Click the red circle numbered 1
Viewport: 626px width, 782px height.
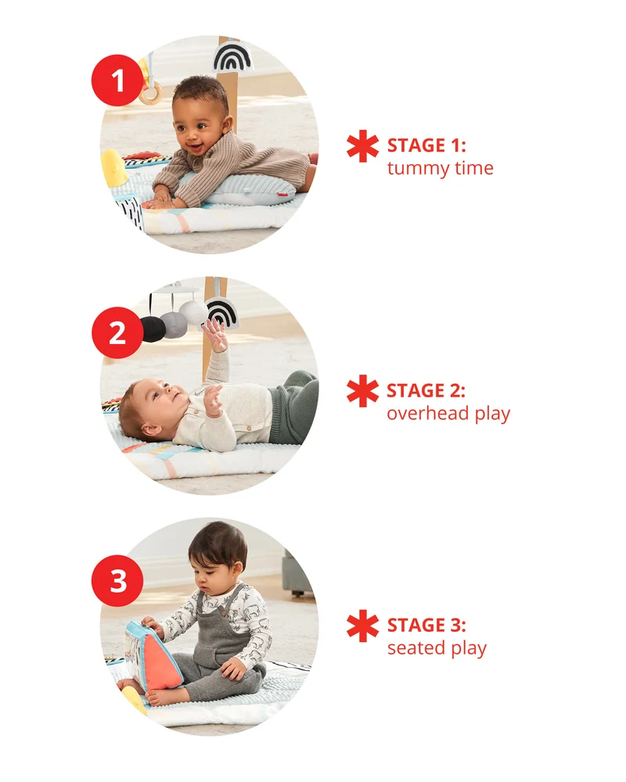(x=117, y=81)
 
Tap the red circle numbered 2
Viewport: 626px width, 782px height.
(x=117, y=332)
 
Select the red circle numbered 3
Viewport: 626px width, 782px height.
(x=117, y=581)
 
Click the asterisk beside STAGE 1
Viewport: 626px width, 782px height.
(x=363, y=146)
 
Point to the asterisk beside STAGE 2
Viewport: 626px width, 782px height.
(x=363, y=391)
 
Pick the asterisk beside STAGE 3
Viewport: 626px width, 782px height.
(x=363, y=626)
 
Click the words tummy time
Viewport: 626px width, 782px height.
(x=441, y=168)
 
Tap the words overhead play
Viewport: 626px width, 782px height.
(x=448, y=414)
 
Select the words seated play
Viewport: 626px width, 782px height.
(x=437, y=647)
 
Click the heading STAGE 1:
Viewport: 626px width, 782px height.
(x=426, y=145)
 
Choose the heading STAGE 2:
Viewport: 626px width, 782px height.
(x=426, y=390)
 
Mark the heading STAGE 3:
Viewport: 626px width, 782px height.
(x=426, y=625)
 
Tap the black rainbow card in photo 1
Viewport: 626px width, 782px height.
(x=233, y=56)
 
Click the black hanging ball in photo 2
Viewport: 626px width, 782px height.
(x=153, y=329)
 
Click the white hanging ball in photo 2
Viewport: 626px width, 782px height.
(x=192, y=312)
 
